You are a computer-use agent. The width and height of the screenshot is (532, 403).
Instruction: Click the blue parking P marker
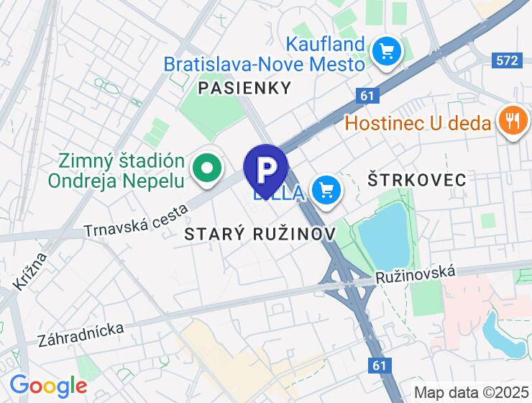point(266,169)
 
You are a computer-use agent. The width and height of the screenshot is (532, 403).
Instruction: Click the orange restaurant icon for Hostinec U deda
point(512,120)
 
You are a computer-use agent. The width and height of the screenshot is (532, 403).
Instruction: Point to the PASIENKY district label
point(244,88)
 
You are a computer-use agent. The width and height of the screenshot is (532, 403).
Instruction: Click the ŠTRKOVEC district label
point(416,178)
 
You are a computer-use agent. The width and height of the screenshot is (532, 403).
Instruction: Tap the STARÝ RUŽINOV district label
point(260,234)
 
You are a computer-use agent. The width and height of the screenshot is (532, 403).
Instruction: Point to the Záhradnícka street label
point(82,335)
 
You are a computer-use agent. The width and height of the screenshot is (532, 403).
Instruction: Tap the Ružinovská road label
point(416,273)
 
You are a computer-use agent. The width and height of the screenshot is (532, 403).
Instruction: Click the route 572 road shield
point(508,60)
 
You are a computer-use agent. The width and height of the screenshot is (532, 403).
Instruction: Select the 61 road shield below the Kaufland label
point(367,95)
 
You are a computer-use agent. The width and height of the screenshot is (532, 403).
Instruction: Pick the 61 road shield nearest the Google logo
point(380,366)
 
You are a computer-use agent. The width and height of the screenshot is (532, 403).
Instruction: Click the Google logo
point(49,385)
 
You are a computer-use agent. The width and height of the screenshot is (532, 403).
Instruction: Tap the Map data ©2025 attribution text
point(472,393)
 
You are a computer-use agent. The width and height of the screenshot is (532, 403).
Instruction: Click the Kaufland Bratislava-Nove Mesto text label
point(265,54)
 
